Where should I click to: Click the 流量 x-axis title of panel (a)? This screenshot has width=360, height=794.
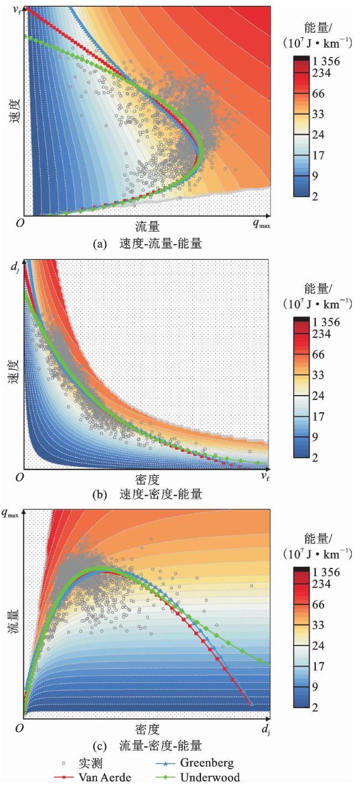tap(148, 226)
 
